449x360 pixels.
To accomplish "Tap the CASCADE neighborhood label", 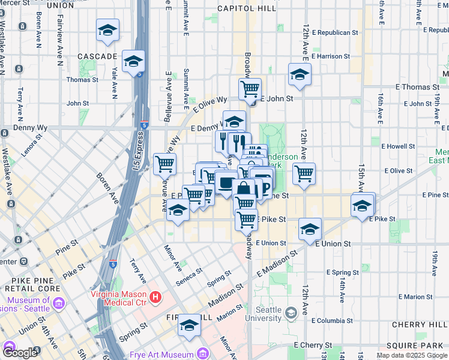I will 97,56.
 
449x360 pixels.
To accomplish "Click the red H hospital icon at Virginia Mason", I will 155,296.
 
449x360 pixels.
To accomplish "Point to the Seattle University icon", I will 291,313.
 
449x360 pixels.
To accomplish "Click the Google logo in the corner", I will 20,353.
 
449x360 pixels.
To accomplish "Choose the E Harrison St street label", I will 330,56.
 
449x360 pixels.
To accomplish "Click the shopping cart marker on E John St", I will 250,90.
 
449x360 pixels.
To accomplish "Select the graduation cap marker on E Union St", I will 310,229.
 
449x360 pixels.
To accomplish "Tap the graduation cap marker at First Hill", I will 190,325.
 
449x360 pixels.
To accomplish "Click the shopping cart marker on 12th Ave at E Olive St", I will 304,174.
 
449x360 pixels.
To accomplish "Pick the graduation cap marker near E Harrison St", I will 298,75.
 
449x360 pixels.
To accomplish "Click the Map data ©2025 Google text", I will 412,355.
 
